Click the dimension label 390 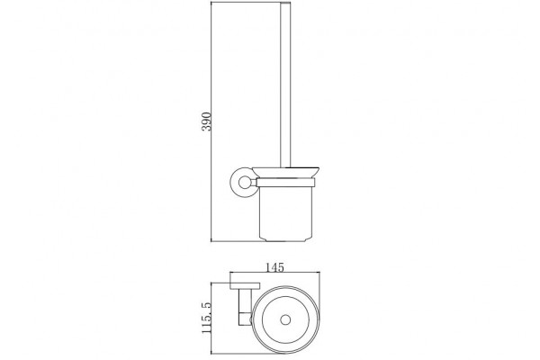pyautogui.click(x=206, y=121)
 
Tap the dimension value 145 pyautogui.click(x=274, y=267)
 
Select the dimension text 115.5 pyautogui.click(x=206, y=318)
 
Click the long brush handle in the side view pyautogui.click(x=286, y=85)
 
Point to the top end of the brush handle pyautogui.click(x=286, y=2)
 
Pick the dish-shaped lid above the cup pyautogui.click(x=286, y=172)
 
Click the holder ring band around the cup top pyautogui.click(x=286, y=183)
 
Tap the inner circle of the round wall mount pyautogui.click(x=245, y=183)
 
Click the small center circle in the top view pyautogui.click(x=285, y=320)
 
